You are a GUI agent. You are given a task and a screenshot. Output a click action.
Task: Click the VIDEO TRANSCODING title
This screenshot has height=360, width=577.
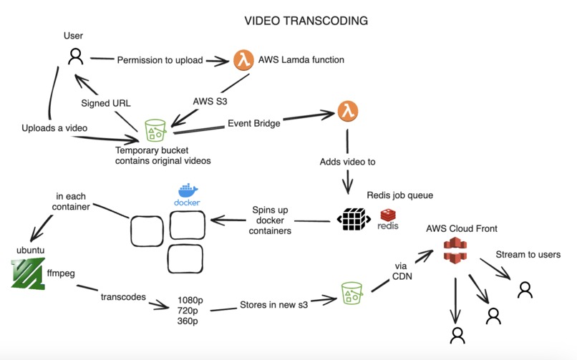(306, 21)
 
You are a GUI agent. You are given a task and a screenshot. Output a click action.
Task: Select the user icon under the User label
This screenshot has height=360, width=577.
(75, 57)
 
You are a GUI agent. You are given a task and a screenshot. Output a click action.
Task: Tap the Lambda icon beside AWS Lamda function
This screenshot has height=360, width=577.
(243, 60)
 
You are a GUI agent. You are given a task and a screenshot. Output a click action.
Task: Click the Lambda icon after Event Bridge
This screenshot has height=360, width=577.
(347, 112)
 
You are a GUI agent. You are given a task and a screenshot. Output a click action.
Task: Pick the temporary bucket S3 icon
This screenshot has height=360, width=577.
(155, 131)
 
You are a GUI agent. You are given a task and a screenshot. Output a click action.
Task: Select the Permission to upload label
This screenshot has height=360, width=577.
(160, 60)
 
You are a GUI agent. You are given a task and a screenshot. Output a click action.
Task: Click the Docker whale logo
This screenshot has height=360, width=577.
(187, 192)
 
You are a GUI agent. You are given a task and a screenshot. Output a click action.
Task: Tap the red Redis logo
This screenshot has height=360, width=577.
(389, 215)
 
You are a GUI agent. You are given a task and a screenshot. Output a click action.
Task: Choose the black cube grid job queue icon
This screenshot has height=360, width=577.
(353, 218)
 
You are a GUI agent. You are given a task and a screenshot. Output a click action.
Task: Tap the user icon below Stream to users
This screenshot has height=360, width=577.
(525, 289)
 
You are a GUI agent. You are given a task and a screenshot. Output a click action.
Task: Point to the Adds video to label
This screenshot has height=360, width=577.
(347, 162)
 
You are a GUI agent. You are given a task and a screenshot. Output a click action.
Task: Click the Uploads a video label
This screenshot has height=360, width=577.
(54, 127)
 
